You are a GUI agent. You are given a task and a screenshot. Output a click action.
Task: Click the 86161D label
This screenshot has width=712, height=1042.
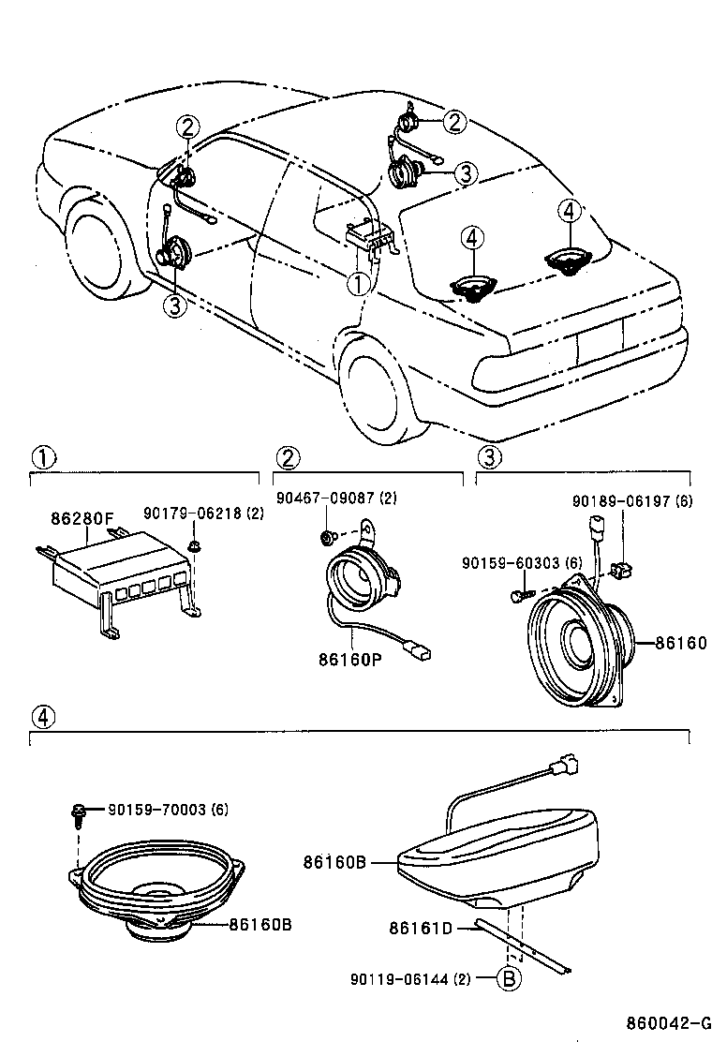click(x=421, y=929)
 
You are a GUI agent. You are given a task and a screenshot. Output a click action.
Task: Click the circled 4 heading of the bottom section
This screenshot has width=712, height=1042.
click(x=41, y=718)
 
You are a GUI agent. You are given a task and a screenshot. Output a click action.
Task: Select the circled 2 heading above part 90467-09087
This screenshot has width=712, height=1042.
click(x=288, y=457)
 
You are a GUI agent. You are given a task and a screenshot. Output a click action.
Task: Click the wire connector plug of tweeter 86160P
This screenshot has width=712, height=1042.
click(x=414, y=647)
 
